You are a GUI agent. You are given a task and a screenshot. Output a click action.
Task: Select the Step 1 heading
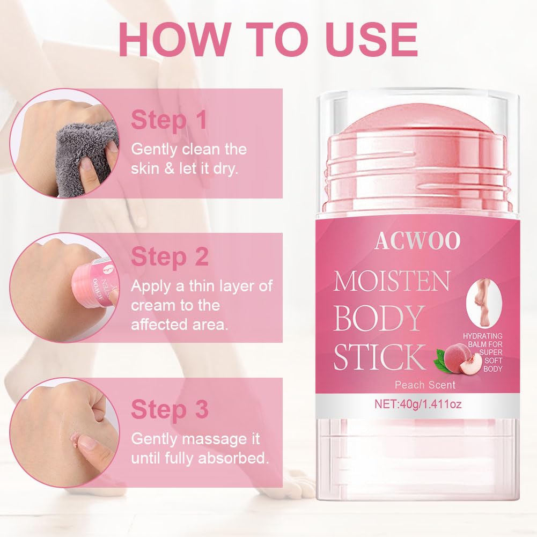point(169,120)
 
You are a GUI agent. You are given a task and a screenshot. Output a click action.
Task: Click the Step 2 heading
point(170,256)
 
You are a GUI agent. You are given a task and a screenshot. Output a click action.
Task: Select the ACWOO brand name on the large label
point(417,241)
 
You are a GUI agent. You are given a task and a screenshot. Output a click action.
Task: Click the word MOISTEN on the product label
point(392,281)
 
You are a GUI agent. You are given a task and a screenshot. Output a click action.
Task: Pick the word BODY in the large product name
point(378,318)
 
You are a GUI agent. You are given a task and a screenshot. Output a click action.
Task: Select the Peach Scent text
point(425,385)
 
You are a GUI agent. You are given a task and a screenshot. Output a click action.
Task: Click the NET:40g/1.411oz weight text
point(418,404)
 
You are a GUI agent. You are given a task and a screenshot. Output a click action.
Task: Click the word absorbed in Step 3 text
point(233,458)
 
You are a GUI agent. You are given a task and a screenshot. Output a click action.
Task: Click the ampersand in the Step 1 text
point(169,169)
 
